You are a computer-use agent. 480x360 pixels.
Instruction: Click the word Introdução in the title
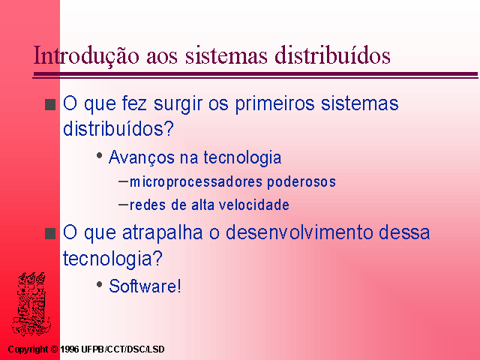tap(86, 55)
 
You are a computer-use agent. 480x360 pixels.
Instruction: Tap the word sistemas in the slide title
tap(226, 55)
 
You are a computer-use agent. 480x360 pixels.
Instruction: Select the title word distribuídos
tap(332, 55)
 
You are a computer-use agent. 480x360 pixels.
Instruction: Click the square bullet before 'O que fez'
tap(50, 105)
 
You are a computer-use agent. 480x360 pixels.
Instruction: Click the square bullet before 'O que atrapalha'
tap(50, 233)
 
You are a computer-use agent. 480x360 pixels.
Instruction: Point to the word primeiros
tap(274, 103)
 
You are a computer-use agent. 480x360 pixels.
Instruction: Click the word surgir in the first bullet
tap(178, 104)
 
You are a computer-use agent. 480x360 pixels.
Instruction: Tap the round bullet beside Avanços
tap(99, 155)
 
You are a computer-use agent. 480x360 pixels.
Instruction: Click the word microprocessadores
tap(196, 181)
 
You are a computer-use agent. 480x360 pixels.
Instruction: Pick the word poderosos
tap(301, 181)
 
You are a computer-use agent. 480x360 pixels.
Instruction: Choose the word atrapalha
tap(163, 233)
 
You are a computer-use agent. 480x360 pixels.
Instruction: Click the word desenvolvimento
tap(299, 232)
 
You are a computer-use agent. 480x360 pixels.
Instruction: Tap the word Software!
tap(145, 286)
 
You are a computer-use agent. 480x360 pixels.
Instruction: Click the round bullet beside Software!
tap(99, 284)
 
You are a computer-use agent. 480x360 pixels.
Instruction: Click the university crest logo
tap(31, 304)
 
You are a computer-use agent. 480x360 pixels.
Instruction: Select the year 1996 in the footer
tap(70, 349)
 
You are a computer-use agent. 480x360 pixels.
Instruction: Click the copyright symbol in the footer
tap(54, 349)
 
